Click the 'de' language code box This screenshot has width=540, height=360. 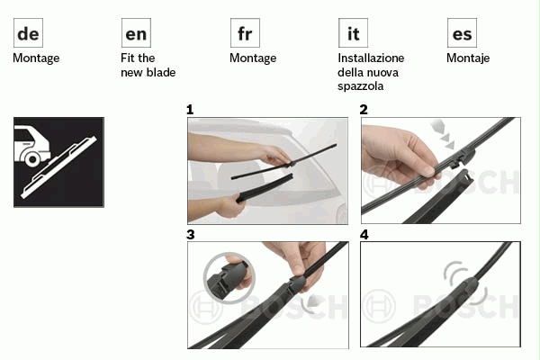point(28,33)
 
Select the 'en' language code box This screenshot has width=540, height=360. point(136,33)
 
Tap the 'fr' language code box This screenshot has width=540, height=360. point(245,33)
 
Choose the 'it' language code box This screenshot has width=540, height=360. point(353,33)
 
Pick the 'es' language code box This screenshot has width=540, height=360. point(462,33)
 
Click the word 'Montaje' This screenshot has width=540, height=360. point(468,58)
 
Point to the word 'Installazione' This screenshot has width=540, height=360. point(371,58)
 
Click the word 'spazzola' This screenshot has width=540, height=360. point(360,86)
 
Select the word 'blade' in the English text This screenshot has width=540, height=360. point(161,72)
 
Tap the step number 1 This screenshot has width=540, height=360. point(190,110)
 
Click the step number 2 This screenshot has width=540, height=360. point(364,110)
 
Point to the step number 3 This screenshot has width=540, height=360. point(191,235)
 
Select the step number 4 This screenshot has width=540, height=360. point(364,235)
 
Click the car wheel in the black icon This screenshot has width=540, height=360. point(32,159)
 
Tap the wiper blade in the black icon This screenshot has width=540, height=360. point(58,167)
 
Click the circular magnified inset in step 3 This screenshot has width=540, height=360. point(229,278)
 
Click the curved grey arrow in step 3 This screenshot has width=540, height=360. point(310,302)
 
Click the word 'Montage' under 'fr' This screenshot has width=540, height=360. point(253,58)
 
